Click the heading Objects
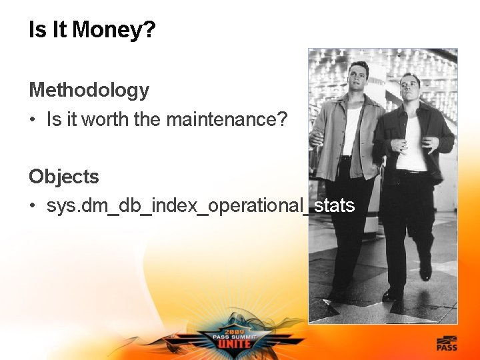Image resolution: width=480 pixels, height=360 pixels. point(63,177)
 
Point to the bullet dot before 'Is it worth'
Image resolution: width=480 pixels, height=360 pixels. point(33,121)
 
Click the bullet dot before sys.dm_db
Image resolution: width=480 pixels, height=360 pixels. point(33,206)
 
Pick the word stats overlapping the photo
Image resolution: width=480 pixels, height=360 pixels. point(334,205)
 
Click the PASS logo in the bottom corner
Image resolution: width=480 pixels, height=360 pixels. point(447,344)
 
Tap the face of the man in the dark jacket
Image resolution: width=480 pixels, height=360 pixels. point(409,89)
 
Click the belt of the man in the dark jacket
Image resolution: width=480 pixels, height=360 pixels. point(411,173)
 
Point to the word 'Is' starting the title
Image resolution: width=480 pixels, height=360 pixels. point(37,30)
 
